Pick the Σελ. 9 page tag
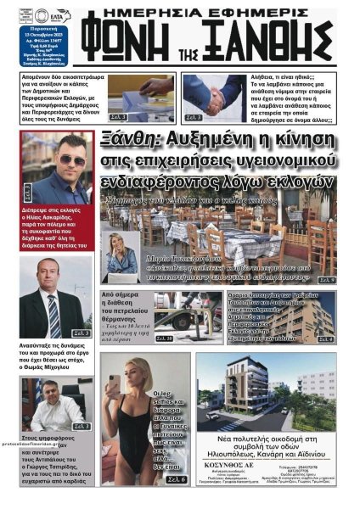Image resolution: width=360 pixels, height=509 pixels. [x=327, y=279]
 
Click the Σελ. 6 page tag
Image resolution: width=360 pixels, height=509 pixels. [x=176, y=479]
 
